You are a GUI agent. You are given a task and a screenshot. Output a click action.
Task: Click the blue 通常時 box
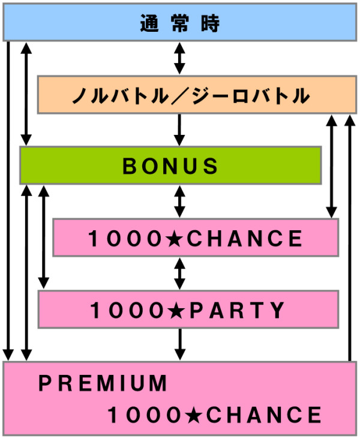[180, 22]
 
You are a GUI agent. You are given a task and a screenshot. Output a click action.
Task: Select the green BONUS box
[170, 166]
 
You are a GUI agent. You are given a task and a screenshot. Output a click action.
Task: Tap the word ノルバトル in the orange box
[121, 95]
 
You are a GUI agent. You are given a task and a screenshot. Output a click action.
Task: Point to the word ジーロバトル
[251, 95]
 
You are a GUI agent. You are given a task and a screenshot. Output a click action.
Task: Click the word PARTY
[237, 310]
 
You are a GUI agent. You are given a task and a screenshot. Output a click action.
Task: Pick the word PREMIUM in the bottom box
[103, 383]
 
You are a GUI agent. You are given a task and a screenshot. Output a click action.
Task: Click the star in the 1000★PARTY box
[177, 311]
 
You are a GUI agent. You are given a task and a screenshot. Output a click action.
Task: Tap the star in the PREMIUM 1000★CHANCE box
[194, 415]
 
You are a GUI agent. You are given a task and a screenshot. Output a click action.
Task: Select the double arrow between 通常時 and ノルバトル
[179, 58]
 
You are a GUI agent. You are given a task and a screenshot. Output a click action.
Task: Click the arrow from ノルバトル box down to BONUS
[179, 130]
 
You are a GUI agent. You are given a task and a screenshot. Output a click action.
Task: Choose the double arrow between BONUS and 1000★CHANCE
[179, 202]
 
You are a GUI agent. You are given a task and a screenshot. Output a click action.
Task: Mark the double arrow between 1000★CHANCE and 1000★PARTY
[179, 273]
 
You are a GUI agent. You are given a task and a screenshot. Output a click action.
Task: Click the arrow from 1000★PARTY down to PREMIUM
[179, 344]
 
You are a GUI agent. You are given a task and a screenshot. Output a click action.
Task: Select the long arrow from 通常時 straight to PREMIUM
[8, 201]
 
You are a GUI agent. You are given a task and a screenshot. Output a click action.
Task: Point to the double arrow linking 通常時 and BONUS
[26, 94]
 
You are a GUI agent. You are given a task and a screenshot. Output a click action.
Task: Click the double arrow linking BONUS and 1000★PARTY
[43, 237]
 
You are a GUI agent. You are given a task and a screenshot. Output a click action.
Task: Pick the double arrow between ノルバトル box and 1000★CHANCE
[332, 166]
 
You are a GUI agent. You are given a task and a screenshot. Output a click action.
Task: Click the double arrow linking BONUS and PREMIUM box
[26, 273]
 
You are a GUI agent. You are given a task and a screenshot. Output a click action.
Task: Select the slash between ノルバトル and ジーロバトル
[181, 96]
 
